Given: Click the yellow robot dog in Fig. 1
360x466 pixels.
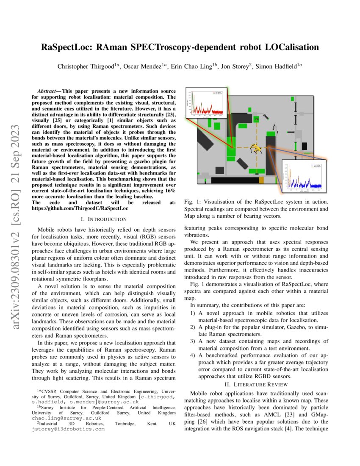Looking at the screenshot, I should click(x=256, y=149).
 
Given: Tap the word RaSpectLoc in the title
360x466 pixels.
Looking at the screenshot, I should click(x=68, y=47).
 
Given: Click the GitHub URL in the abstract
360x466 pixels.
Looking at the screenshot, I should click(x=80, y=208).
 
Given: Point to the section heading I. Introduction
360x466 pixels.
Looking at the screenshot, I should click(x=103, y=219).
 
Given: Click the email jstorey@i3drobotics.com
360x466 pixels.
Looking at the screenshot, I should click(x=68, y=429).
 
